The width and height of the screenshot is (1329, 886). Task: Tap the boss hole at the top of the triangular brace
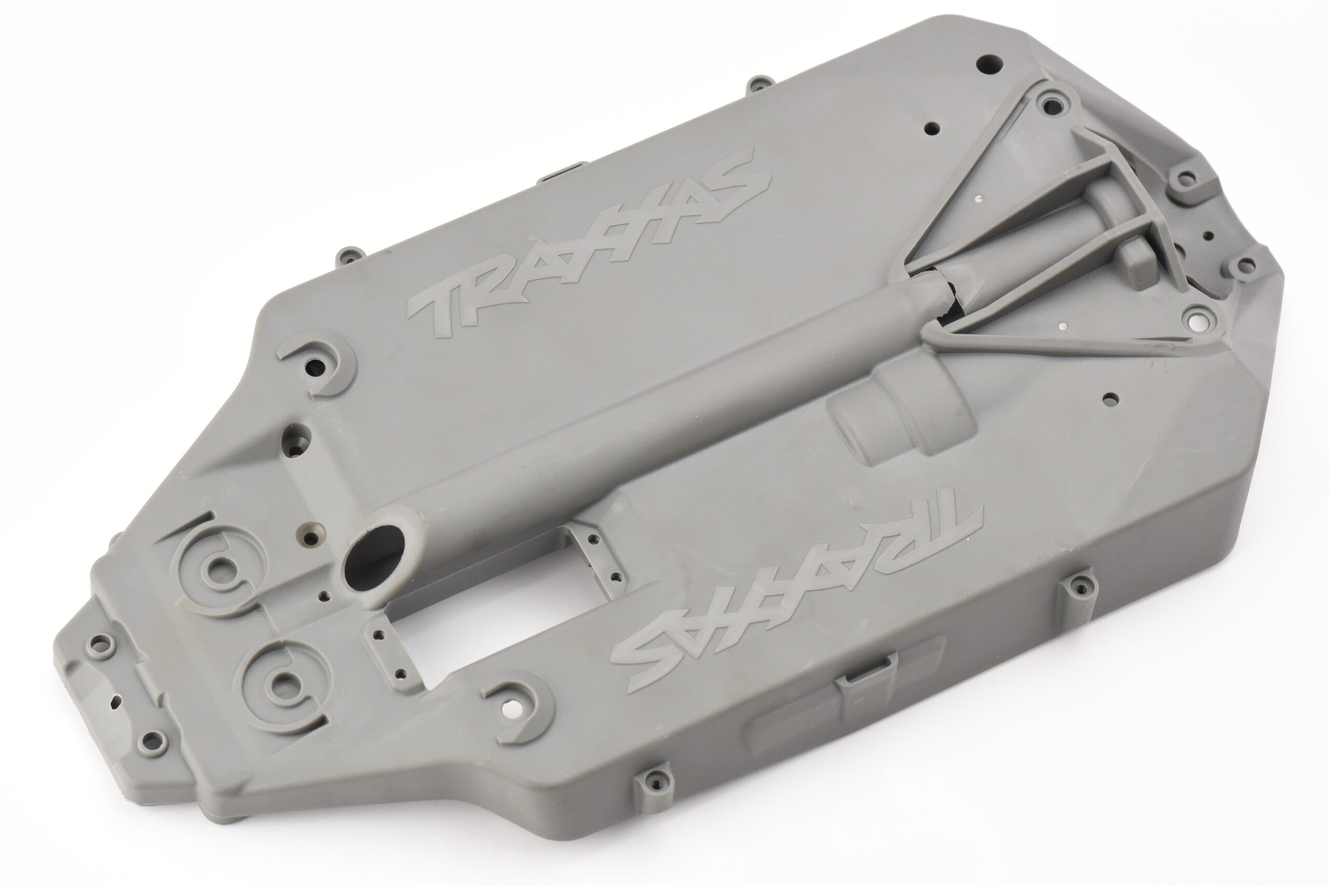point(1049,104)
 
